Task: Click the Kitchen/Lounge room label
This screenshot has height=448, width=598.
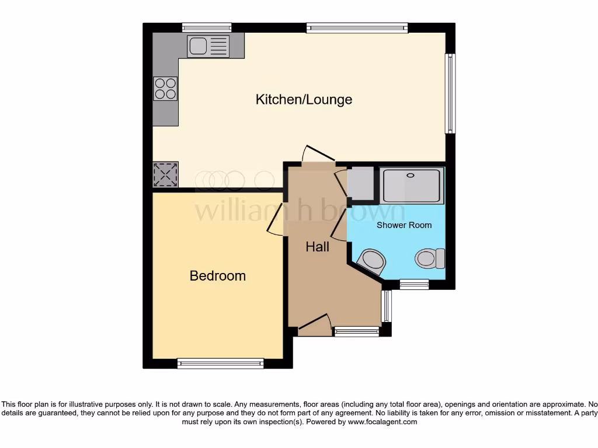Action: coord(304,99)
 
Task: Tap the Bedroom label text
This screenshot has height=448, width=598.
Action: coord(217,275)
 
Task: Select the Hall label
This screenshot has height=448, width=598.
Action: coord(318,247)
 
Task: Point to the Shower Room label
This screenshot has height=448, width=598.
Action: coord(404,225)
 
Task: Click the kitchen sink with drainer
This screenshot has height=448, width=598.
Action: coord(208,45)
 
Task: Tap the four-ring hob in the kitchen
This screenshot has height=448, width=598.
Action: coord(165,88)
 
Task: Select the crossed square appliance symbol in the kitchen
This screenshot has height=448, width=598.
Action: coord(165,174)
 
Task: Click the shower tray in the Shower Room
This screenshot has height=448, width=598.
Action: coord(412,184)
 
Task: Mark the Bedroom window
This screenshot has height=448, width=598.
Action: coord(221,363)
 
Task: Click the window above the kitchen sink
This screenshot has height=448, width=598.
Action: coord(207,27)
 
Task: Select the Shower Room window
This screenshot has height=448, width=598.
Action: coord(414,285)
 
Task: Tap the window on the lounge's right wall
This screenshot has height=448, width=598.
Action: coord(450,93)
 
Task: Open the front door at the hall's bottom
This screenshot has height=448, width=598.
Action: coord(314,324)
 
